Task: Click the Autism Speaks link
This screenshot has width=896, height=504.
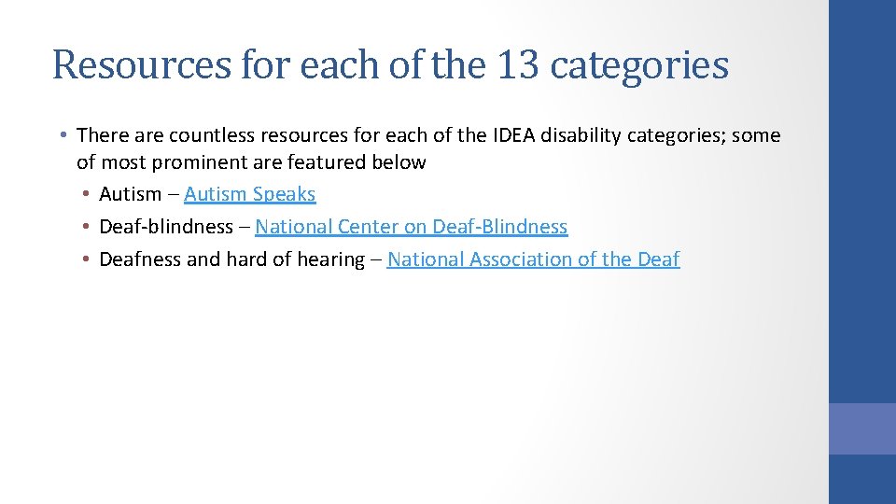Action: (x=250, y=194)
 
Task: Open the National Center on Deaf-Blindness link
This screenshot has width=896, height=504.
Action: (x=411, y=227)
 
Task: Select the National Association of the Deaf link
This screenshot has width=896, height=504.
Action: (x=533, y=259)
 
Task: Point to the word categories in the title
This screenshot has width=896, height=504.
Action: (x=639, y=65)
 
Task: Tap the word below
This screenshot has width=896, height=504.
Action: (x=399, y=162)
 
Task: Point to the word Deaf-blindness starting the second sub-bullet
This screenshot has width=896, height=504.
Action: (x=166, y=227)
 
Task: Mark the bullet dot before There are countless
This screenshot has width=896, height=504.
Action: (x=62, y=135)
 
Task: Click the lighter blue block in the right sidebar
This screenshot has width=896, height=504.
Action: (x=862, y=428)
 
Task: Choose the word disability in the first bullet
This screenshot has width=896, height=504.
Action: (x=581, y=135)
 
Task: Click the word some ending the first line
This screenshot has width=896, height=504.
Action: (x=756, y=135)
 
